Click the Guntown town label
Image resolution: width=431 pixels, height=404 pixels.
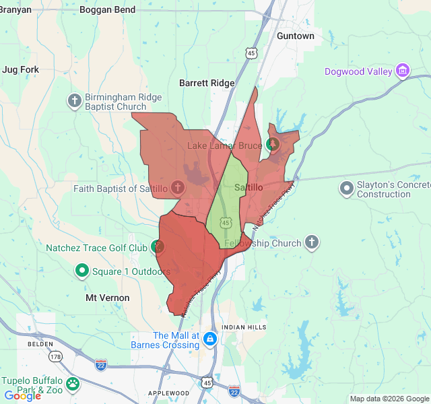[x=295, y=36]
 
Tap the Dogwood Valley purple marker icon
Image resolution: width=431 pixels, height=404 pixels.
[x=403, y=71]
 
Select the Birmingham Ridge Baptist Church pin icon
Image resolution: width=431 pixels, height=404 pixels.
[x=75, y=102]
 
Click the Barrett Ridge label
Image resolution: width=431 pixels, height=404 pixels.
[x=207, y=83]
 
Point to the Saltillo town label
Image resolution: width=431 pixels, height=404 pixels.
[x=248, y=188]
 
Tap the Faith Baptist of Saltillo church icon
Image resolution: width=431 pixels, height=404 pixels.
[x=177, y=188]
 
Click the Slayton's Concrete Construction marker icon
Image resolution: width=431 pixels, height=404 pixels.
[x=347, y=188]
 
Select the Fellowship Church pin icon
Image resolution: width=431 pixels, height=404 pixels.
[x=311, y=242]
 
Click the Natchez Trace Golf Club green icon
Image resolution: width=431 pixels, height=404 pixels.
[x=158, y=247]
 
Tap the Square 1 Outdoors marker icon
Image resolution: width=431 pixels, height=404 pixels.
[x=82, y=271]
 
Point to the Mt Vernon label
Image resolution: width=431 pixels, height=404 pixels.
[x=108, y=297]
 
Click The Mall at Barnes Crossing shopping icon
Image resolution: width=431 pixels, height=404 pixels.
[x=210, y=339]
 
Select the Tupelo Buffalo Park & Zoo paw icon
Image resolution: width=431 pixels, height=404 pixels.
[x=72, y=384]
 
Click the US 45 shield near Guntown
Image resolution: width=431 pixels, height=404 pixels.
[x=251, y=52]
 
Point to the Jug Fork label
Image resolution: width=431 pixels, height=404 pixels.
[x=21, y=69]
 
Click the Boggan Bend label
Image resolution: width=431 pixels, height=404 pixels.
[x=106, y=10]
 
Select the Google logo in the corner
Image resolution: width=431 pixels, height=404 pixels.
[x=22, y=396]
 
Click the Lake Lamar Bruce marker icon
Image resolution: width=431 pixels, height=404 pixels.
[x=273, y=144]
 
